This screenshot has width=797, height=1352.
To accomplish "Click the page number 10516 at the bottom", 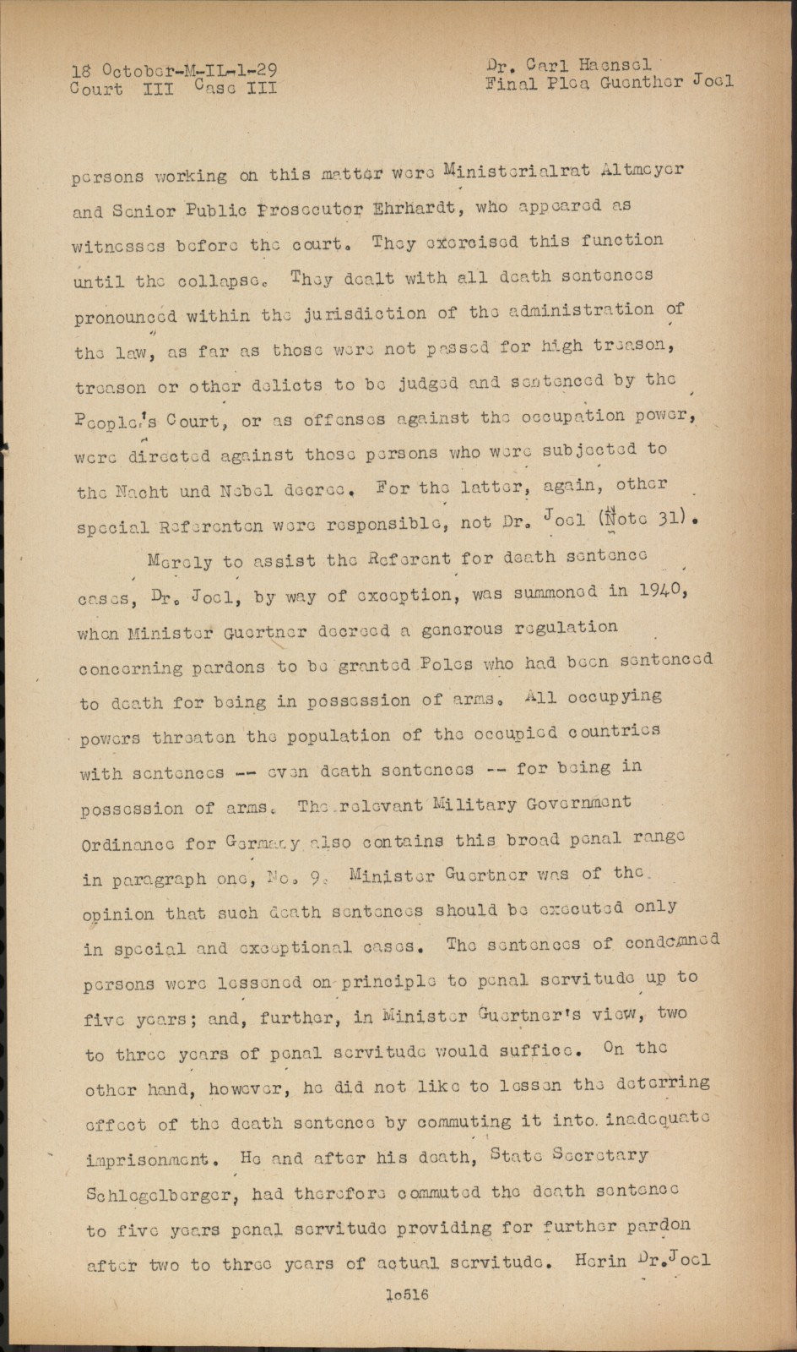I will pyautogui.click(x=406, y=1295).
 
